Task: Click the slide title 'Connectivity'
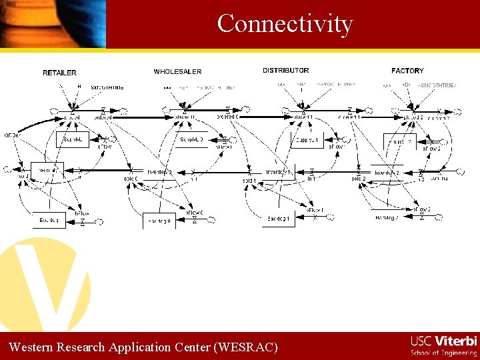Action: point(285,24)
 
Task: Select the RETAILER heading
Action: point(59,73)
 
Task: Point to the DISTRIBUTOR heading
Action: point(285,71)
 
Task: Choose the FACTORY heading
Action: point(407,71)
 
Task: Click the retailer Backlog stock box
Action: point(49,219)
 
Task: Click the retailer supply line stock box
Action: point(73,139)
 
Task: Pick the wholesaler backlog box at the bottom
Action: point(159,221)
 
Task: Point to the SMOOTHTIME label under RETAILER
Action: point(107,87)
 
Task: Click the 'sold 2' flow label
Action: point(359,179)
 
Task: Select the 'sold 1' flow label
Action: point(249,180)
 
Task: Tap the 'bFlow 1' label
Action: point(315,210)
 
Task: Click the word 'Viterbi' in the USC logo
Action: point(456,341)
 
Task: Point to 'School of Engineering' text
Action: point(443,352)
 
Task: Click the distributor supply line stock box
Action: point(307,141)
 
